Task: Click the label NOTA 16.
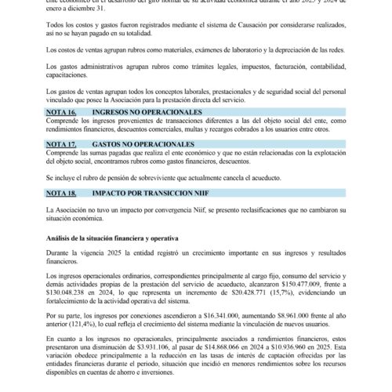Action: pos(60,113)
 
